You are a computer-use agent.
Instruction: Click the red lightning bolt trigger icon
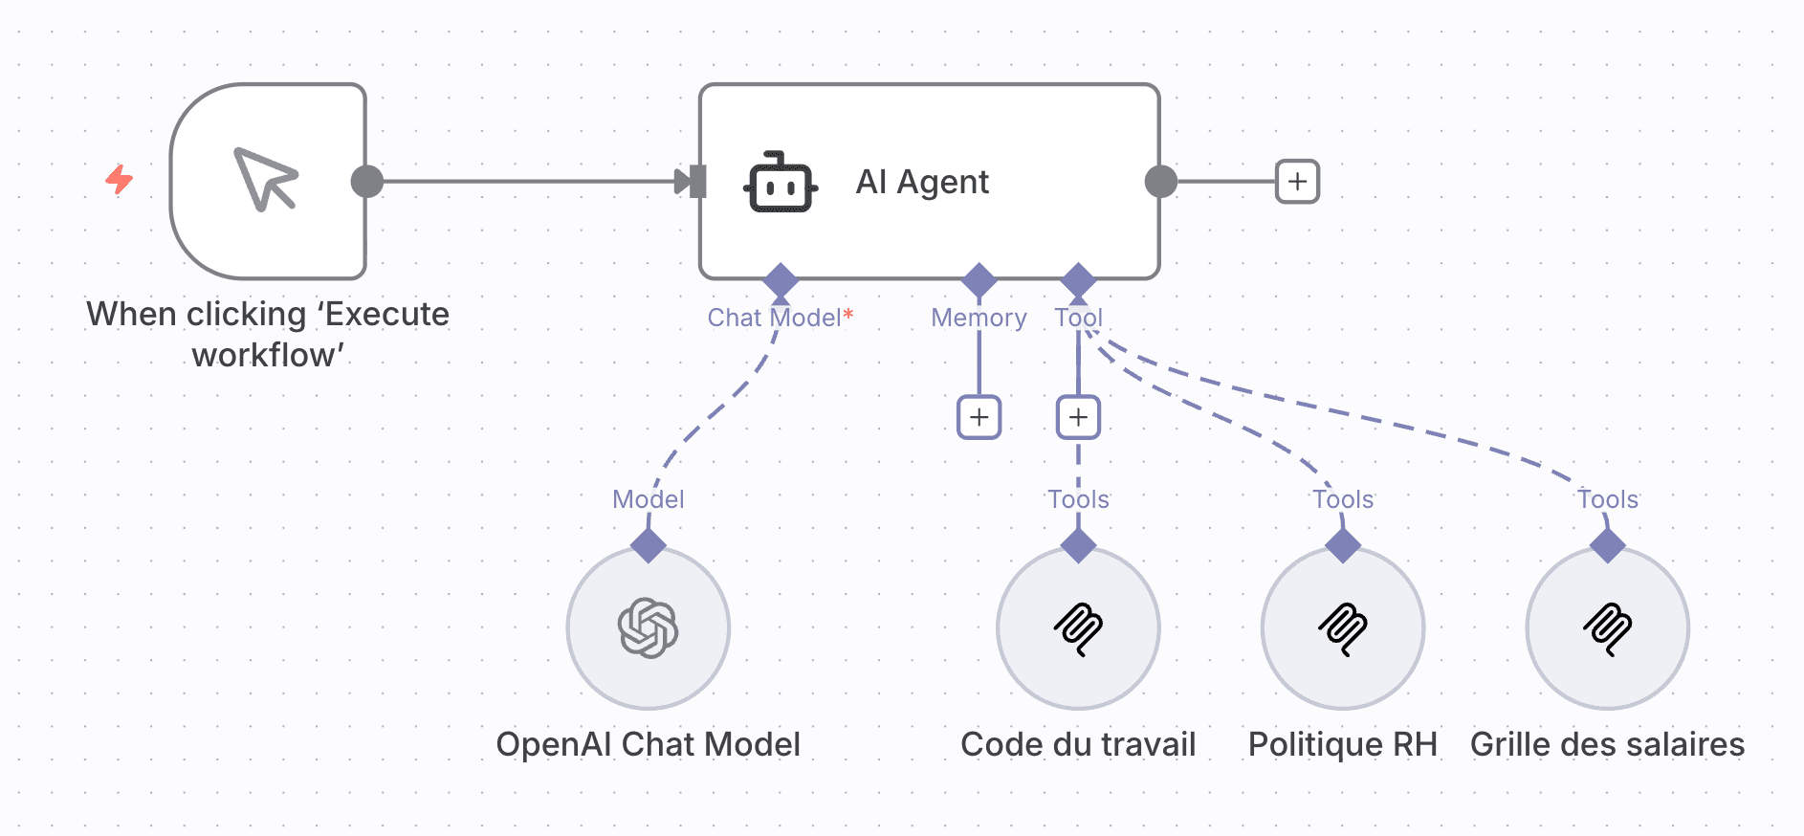[x=119, y=179]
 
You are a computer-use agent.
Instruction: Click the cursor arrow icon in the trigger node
[x=266, y=179]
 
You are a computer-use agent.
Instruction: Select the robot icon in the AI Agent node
[x=781, y=182]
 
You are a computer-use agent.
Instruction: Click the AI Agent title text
[x=922, y=182]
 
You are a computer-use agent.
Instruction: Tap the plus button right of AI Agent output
[x=1297, y=182]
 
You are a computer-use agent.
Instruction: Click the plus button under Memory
[x=979, y=417]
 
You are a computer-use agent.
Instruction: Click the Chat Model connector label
[x=775, y=318]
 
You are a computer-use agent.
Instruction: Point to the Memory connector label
[x=979, y=318]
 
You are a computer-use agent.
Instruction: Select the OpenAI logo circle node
[x=649, y=628]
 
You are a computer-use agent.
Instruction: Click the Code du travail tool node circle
[x=1078, y=628]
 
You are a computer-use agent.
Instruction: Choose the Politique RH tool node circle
[x=1343, y=628]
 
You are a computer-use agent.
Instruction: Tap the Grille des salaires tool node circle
[x=1607, y=628]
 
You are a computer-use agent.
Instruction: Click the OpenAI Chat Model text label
[x=649, y=744]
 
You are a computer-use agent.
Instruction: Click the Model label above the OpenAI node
[x=649, y=499]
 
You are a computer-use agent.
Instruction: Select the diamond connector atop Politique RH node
[x=1343, y=546]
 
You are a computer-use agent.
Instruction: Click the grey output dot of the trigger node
[x=367, y=181]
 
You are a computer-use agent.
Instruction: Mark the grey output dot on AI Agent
[x=1160, y=181]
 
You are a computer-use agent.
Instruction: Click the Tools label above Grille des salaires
[x=1608, y=499]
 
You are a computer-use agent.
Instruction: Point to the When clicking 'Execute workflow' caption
[x=268, y=334]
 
